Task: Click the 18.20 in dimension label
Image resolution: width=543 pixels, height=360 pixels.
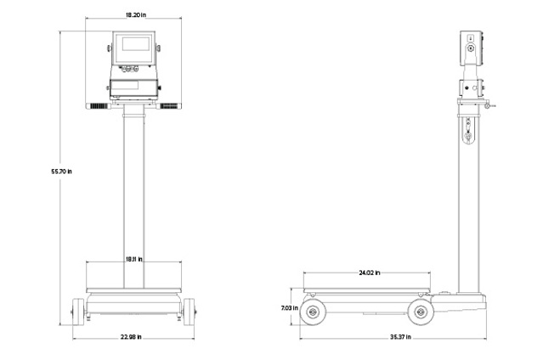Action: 135,15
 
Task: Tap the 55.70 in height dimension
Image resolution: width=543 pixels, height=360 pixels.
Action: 62,172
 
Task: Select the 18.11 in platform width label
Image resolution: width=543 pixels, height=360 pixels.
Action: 133,259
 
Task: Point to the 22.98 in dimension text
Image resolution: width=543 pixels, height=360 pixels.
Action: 131,337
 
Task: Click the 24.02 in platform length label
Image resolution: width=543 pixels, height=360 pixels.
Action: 369,273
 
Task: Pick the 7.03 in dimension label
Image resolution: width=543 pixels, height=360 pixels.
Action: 290,307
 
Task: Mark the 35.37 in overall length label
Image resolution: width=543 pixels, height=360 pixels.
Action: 401,337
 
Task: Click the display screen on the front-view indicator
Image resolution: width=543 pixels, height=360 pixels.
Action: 135,43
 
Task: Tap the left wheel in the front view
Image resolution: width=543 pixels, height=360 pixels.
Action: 78,312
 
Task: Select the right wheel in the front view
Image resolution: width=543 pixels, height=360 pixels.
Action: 189,312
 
